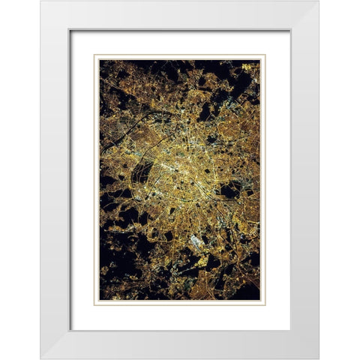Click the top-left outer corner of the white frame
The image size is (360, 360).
tap(41, 1)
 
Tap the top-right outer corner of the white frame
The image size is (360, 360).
tap(319, 1)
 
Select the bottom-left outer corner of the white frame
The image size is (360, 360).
tap(41, 358)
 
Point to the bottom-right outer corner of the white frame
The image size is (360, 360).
tap(319, 358)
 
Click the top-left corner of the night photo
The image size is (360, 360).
tap(100, 60)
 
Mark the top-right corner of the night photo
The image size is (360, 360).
tap(260, 60)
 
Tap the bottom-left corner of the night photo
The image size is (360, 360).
tap(100, 300)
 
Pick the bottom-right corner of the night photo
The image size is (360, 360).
tap(260, 300)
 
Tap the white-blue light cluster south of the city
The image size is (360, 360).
tap(196, 241)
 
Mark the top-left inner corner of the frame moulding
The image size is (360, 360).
tap(70, 30)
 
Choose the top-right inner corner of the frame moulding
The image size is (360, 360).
tap(290, 30)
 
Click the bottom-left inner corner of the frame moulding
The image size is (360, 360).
tap(70, 330)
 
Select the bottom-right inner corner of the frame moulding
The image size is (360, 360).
tap(290, 330)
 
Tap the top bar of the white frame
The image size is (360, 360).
tap(180, 15)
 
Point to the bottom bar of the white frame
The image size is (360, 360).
tap(180, 344)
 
